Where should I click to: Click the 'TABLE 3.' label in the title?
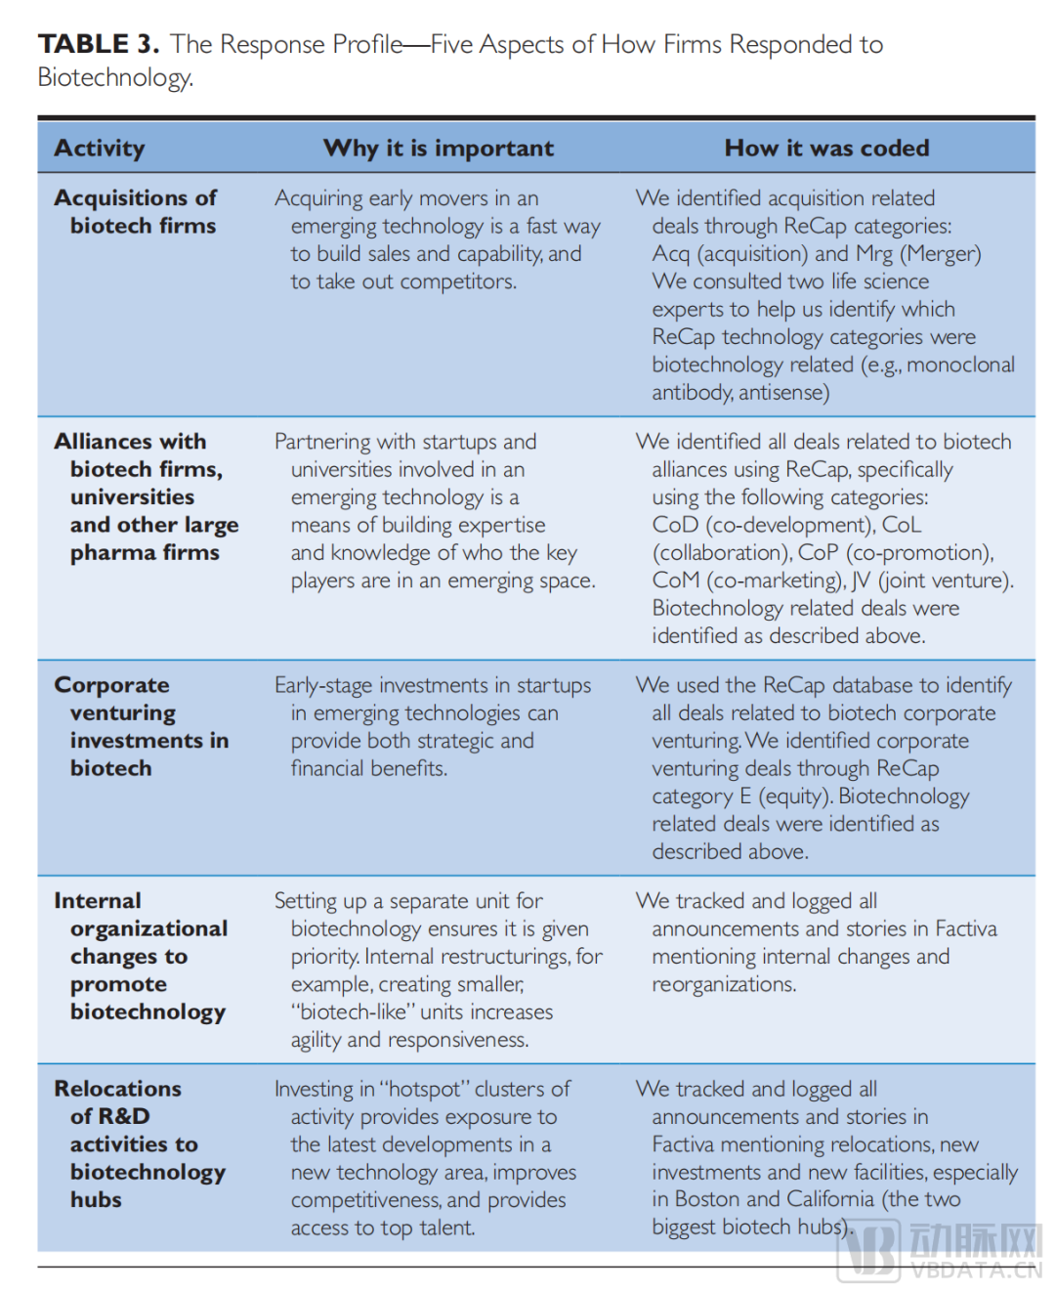click(x=98, y=44)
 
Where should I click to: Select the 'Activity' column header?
click(x=100, y=149)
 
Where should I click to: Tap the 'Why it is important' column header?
click(x=439, y=149)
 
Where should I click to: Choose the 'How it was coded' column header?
click(x=826, y=149)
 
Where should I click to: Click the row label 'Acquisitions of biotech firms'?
click(x=136, y=211)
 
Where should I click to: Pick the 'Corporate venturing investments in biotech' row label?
click(x=142, y=726)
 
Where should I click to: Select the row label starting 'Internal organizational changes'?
click(x=141, y=956)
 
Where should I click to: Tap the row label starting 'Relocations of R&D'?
click(x=140, y=1143)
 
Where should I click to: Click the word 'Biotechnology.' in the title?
click(x=115, y=77)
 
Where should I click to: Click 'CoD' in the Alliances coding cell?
click(x=675, y=525)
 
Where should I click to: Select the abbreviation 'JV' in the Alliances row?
click(x=861, y=581)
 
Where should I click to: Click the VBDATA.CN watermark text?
click(x=976, y=1270)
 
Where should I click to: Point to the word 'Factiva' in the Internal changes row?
click(x=965, y=928)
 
